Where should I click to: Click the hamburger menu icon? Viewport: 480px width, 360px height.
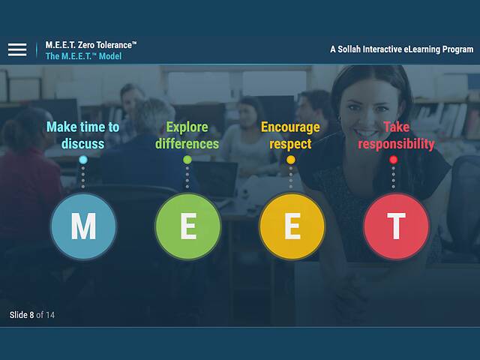click(x=17, y=50)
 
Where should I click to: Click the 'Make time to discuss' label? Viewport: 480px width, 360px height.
click(x=83, y=135)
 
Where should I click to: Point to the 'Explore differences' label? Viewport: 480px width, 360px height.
click(x=187, y=135)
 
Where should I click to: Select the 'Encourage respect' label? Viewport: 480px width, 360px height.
click(x=290, y=135)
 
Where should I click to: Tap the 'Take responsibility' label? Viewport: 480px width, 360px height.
click(x=396, y=135)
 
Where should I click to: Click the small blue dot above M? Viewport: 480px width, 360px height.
click(x=83, y=160)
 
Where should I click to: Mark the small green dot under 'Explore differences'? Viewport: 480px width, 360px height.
click(x=187, y=160)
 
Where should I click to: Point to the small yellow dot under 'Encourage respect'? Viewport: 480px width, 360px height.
click(x=291, y=160)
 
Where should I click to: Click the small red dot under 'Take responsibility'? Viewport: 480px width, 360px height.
click(x=394, y=160)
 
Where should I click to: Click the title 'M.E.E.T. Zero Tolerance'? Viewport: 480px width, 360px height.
click(x=91, y=45)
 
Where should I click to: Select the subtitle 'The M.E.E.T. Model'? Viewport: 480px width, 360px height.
click(x=83, y=56)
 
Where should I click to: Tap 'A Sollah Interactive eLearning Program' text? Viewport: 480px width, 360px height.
click(x=401, y=49)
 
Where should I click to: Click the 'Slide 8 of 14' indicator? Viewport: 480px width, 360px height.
click(x=32, y=315)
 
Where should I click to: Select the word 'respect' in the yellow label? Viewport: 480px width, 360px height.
click(x=290, y=143)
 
